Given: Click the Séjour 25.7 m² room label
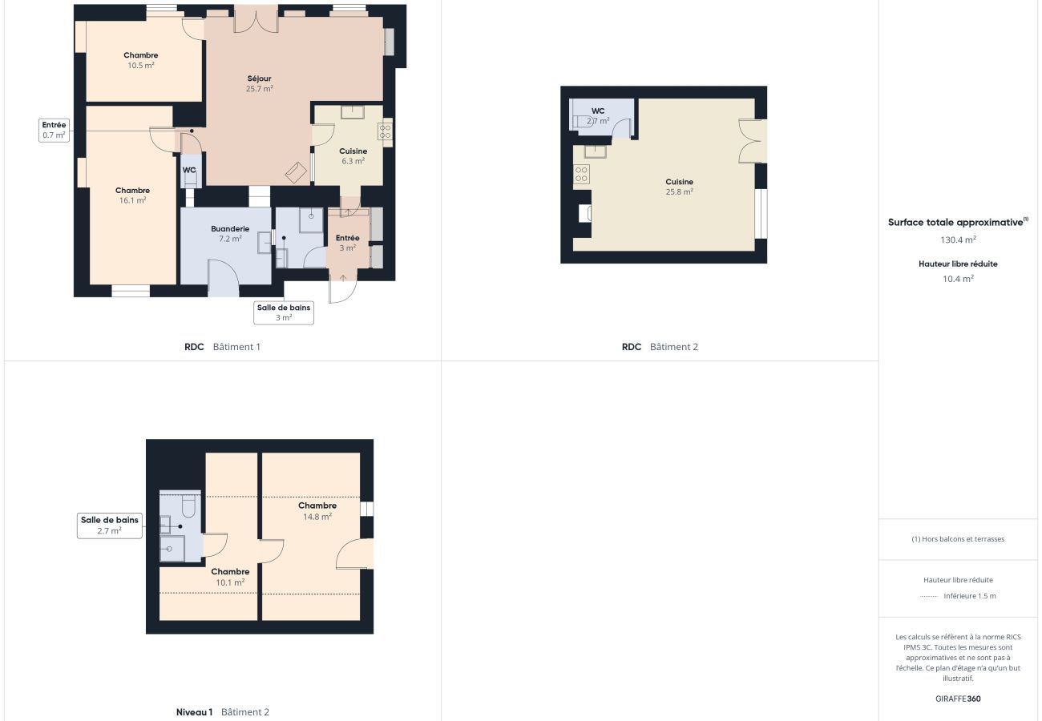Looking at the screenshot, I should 259,83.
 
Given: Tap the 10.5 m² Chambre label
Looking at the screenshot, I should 140,60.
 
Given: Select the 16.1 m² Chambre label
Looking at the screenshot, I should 132,195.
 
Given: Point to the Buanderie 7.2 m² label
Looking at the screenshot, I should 230,233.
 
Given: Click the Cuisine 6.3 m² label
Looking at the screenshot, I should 353,155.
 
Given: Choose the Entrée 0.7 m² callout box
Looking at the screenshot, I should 55,130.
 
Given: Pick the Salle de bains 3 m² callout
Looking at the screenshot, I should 284,312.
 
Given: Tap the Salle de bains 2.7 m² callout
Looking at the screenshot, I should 109,526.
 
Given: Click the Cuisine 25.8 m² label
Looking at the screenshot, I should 679,187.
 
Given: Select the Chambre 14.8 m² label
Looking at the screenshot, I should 317,511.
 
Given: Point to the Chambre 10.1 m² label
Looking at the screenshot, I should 230,577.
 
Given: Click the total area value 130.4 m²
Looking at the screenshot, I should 958,240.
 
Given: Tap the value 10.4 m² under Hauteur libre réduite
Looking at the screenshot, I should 958,279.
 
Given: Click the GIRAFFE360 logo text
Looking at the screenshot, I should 958,699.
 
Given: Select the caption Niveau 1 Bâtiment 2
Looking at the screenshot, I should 223,712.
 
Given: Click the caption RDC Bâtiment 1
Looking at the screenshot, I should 222,347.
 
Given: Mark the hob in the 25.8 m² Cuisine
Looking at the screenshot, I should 581,174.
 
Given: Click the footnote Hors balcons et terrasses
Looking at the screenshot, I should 958,539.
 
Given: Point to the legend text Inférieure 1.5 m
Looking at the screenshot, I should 969,596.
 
